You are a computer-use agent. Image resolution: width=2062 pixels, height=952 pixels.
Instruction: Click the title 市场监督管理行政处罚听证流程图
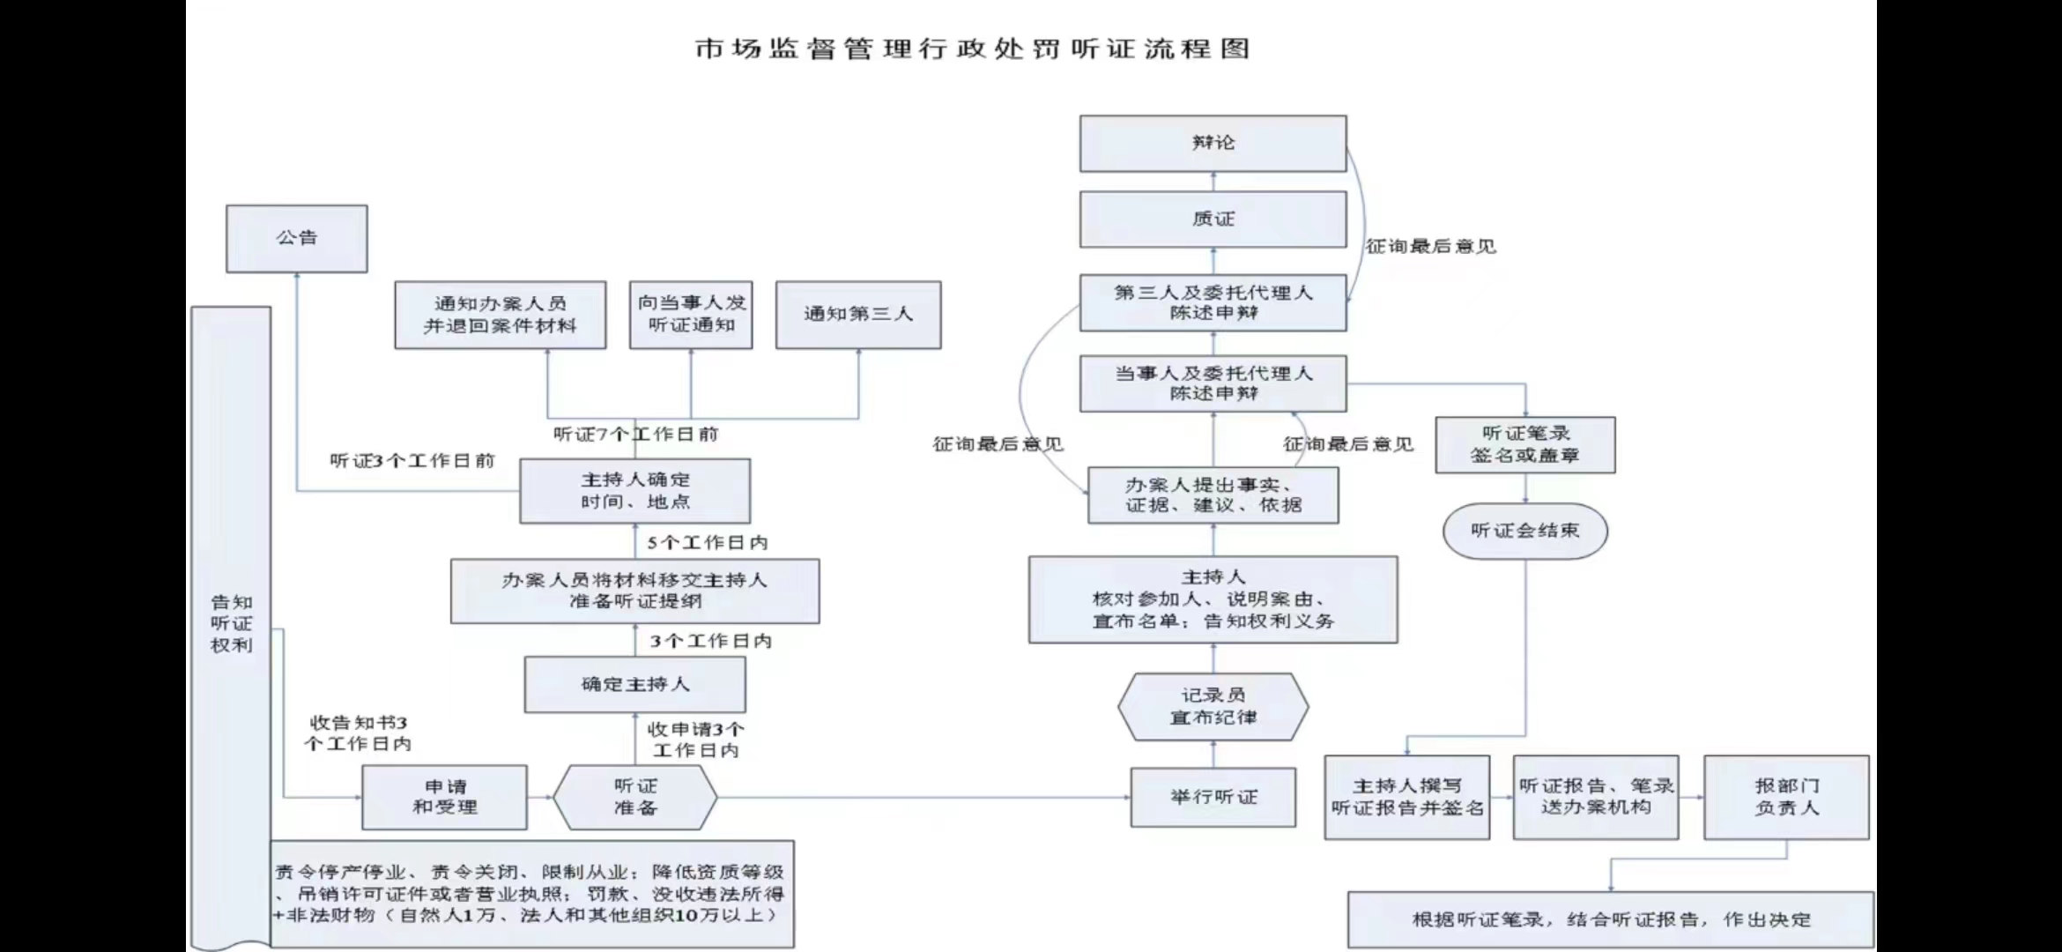972,48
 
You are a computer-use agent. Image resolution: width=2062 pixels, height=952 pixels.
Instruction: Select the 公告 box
297,238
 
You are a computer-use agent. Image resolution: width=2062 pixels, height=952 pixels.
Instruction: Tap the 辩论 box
1213,143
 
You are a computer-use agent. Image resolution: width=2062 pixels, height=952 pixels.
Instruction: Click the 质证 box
1213,219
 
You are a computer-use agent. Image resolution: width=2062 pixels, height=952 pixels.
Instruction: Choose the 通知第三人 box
857,315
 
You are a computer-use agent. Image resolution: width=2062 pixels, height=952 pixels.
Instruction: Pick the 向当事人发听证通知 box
691,315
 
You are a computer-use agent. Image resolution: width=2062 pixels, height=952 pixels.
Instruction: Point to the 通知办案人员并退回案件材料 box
500,315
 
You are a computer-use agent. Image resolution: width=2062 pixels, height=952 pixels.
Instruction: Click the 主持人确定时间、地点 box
634,491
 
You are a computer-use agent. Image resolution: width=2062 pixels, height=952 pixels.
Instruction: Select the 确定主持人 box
634,684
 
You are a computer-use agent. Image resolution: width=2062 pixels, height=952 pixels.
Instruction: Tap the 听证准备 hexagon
634,797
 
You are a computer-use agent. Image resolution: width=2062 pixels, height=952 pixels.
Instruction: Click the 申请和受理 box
444,797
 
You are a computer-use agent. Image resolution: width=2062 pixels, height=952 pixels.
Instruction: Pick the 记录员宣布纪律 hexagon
1213,707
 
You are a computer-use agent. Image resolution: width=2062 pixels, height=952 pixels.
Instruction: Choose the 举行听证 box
1213,797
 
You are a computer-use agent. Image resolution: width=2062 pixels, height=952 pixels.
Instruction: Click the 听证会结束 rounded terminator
1524,531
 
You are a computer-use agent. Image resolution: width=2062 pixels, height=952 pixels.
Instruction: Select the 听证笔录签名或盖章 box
1524,445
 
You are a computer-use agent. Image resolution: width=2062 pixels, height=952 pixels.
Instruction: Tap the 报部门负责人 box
1786,797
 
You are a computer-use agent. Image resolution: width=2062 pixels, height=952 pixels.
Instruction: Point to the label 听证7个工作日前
635,435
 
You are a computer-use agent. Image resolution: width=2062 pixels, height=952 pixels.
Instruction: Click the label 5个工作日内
708,543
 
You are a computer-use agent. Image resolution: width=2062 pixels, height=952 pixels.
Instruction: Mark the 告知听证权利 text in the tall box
231,623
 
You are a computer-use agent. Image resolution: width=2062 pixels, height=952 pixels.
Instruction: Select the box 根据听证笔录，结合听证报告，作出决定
1611,919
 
